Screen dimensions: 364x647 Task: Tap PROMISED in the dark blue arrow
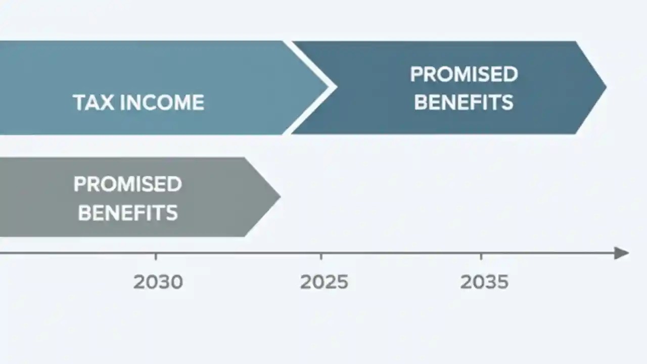(x=464, y=74)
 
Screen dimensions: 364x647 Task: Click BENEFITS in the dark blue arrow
(x=464, y=102)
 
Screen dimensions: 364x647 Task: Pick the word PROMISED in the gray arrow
(x=127, y=184)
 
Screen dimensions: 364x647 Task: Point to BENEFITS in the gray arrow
(x=127, y=213)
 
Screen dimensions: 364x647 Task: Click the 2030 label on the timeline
(x=158, y=282)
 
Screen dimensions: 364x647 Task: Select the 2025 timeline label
(x=324, y=282)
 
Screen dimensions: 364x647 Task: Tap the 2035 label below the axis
(x=484, y=282)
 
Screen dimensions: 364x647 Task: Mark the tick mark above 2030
(x=156, y=256)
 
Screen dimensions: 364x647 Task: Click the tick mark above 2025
(x=321, y=256)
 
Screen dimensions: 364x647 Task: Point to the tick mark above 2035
(x=481, y=256)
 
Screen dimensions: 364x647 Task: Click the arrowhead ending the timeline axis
(x=622, y=253)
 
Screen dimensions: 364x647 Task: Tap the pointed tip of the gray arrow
(x=278, y=197)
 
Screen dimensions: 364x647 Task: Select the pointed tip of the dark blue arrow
(x=604, y=87)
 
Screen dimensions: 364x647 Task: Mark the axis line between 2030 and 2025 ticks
(x=238, y=253)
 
